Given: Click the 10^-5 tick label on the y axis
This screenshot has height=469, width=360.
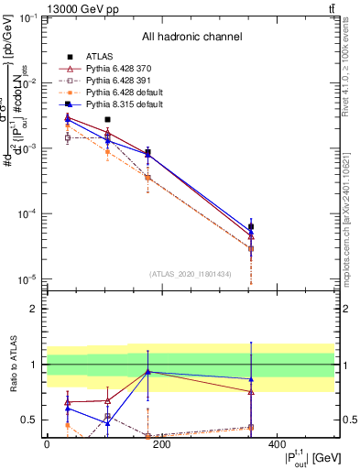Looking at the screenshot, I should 27,278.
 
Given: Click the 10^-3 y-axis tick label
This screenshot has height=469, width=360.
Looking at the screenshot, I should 27,148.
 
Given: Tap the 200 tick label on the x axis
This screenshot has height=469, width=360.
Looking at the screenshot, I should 162,445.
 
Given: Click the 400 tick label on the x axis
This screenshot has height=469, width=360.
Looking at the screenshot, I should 278,445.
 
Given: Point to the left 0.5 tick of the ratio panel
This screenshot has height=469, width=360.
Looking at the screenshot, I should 32,420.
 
